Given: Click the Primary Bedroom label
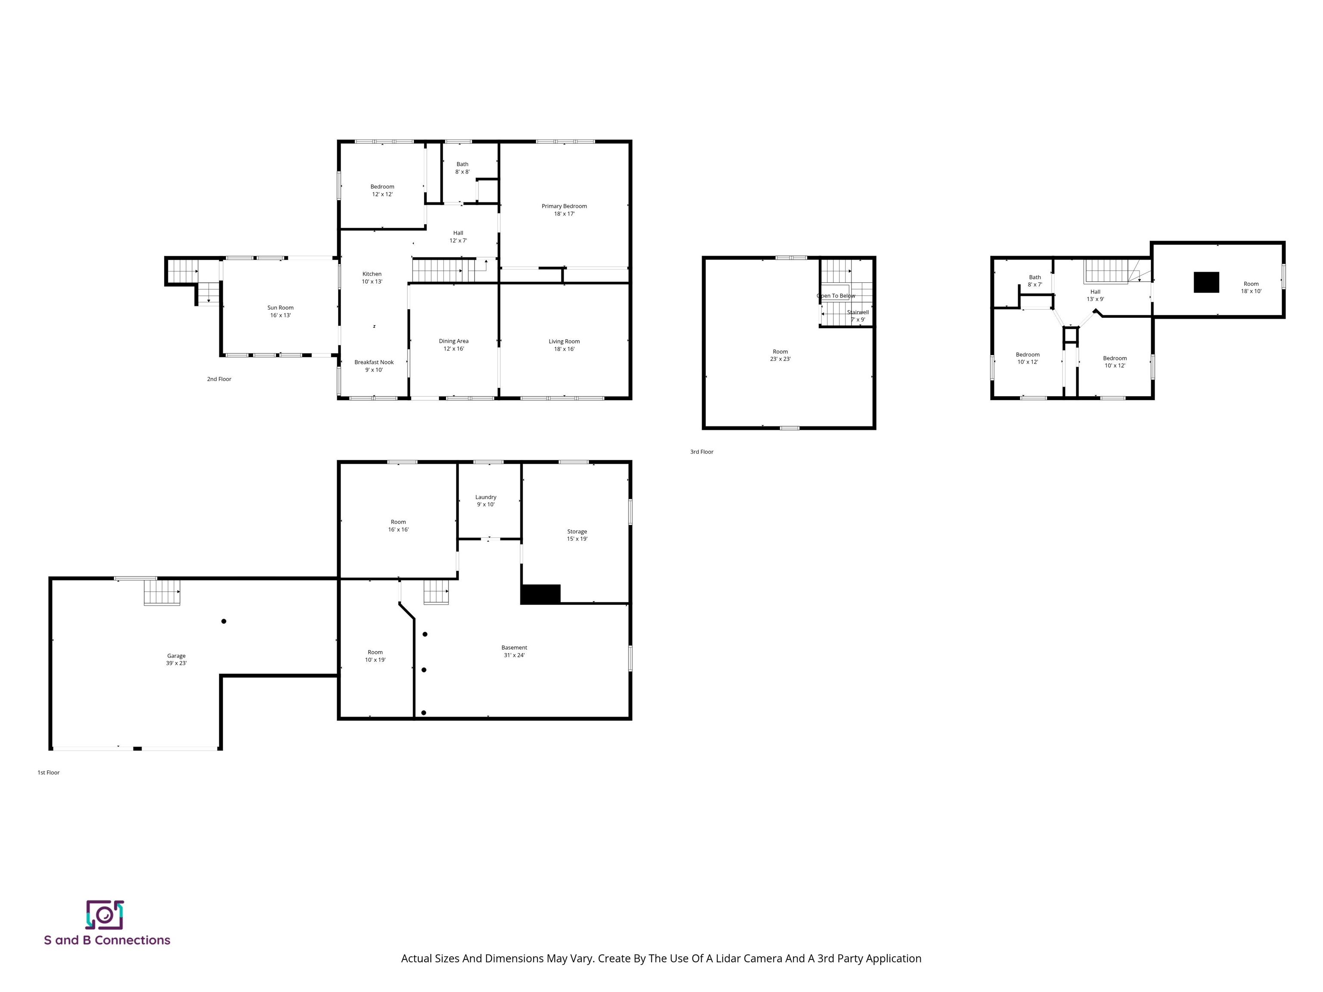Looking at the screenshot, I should [x=564, y=210].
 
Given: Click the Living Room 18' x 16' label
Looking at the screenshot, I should [x=564, y=345].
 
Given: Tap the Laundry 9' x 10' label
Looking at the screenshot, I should [x=486, y=500].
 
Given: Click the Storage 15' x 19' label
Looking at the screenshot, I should [x=577, y=535].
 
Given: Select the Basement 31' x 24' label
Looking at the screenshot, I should [x=514, y=651].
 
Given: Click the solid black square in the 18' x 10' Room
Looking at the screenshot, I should [x=1206, y=282].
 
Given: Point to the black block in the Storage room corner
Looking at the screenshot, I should [x=540, y=594].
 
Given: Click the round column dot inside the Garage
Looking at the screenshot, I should [x=224, y=621].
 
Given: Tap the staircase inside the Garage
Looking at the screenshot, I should [x=161, y=592].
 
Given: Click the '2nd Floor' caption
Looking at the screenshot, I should [x=219, y=379].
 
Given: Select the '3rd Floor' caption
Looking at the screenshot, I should [x=702, y=452].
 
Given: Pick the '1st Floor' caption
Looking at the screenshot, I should [x=48, y=772].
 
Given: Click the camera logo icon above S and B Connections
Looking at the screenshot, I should [x=105, y=915].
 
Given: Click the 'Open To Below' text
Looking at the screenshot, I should [x=835, y=296].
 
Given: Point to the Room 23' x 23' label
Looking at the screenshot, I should [x=780, y=355].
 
